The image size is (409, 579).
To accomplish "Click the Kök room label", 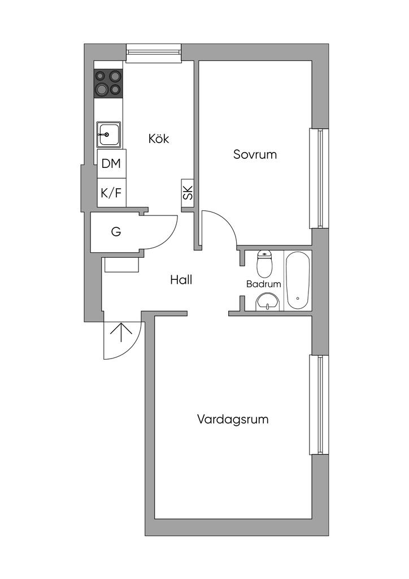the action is click(x=159, y=139).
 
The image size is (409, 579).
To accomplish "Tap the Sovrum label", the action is click(x=255, y=154).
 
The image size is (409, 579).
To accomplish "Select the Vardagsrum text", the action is click(x=233, y=420).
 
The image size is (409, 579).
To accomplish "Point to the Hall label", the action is click(x=181, y=280).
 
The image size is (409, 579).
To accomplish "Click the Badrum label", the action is click(x=264, y=284).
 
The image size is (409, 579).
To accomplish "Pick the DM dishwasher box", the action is click(x=111, y=163).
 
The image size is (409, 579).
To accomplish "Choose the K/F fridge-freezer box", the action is click(x=111, y=193).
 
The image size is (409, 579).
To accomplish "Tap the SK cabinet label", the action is click(x=188, y=193).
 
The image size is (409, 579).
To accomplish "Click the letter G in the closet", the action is click(x=116, y=232).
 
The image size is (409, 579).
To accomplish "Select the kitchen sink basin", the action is click(x=108, y=134).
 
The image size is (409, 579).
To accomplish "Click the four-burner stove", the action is click(x=108, y=84).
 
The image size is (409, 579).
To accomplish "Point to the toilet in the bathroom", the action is click(x=264, y=263).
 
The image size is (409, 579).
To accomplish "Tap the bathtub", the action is click(x=298, y=280).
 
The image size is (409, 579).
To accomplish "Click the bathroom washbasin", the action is click(x=268, y=302).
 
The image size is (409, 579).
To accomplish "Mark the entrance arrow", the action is click(x=121, y=334).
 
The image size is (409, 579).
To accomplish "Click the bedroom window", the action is click(x=319, y=178).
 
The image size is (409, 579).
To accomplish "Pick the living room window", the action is click(x=319, y=405).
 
